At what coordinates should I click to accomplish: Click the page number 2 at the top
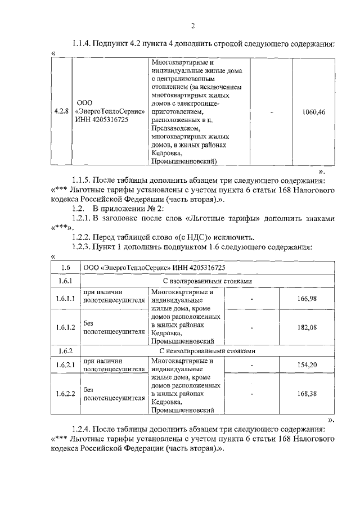(x=192, y=26)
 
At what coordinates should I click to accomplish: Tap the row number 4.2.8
(x=61, y=111)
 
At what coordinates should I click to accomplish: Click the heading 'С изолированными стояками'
(x=210, y=280)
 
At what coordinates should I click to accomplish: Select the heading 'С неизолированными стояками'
(x=210, y=350)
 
